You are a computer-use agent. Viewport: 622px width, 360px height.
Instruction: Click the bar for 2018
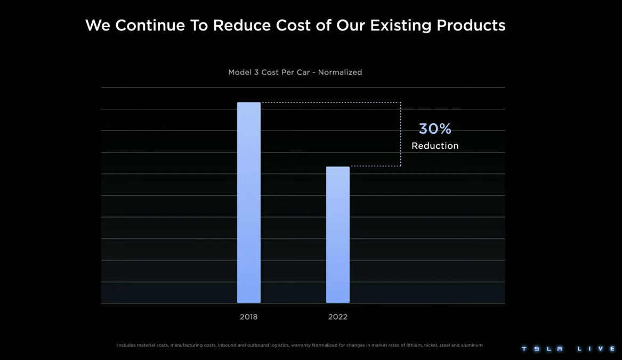(x=249, y=203)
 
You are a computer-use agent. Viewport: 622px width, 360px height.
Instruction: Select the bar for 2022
(x=338, y=235)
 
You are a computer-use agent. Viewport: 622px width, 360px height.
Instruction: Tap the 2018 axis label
(x=248, y=317)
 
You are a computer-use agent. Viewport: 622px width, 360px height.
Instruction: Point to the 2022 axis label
(x=338, y=317)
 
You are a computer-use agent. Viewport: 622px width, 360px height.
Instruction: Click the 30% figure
(x=435, y=129)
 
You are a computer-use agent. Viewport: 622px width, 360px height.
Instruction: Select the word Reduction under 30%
(x=435, y=146)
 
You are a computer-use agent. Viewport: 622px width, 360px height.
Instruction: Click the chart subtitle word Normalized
(x=340, y=73)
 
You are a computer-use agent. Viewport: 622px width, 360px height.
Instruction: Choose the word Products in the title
(x=471, y=25)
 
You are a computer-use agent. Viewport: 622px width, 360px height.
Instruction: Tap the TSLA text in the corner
(x=542, y=349)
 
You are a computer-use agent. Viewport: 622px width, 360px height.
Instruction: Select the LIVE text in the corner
(x=597, y=349)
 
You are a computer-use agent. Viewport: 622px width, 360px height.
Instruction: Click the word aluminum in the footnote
(x=471, y=346)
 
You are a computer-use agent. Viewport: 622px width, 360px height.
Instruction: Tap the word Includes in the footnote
(x=126, y=346)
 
